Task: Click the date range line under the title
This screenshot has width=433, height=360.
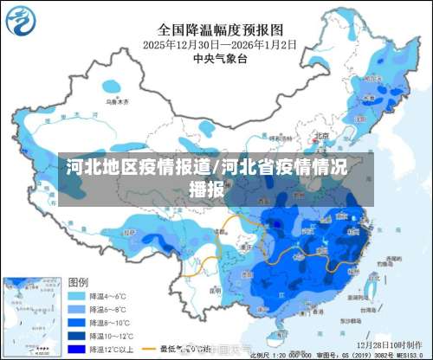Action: tap(216, 43)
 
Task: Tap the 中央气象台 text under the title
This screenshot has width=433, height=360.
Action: tap(216, 58)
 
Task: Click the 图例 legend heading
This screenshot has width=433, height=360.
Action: tap(79, 282)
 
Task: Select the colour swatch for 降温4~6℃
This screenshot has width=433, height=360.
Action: tap(77, 295)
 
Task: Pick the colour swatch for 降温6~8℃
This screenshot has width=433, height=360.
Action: tap(77, 309)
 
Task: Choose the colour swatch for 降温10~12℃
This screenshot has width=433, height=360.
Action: tap(77, 336)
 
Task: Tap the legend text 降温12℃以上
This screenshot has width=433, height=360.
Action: tap(113, 349)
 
